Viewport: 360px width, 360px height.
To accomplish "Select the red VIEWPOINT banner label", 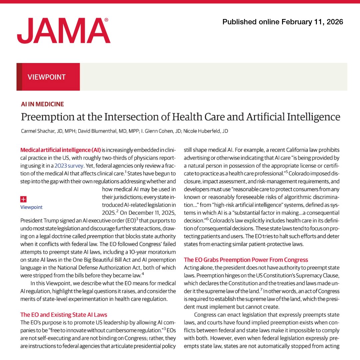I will [x=47, y=77].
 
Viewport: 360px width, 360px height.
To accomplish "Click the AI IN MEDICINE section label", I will [x=42, y=104].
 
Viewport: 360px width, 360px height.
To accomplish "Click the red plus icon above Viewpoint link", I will [x=23, y=199].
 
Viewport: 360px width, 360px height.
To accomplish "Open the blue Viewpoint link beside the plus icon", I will [x=31, y=207].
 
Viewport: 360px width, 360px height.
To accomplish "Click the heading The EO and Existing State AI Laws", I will [x=64, y=314].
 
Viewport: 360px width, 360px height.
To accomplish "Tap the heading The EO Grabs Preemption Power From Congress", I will [x=246, y=260].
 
